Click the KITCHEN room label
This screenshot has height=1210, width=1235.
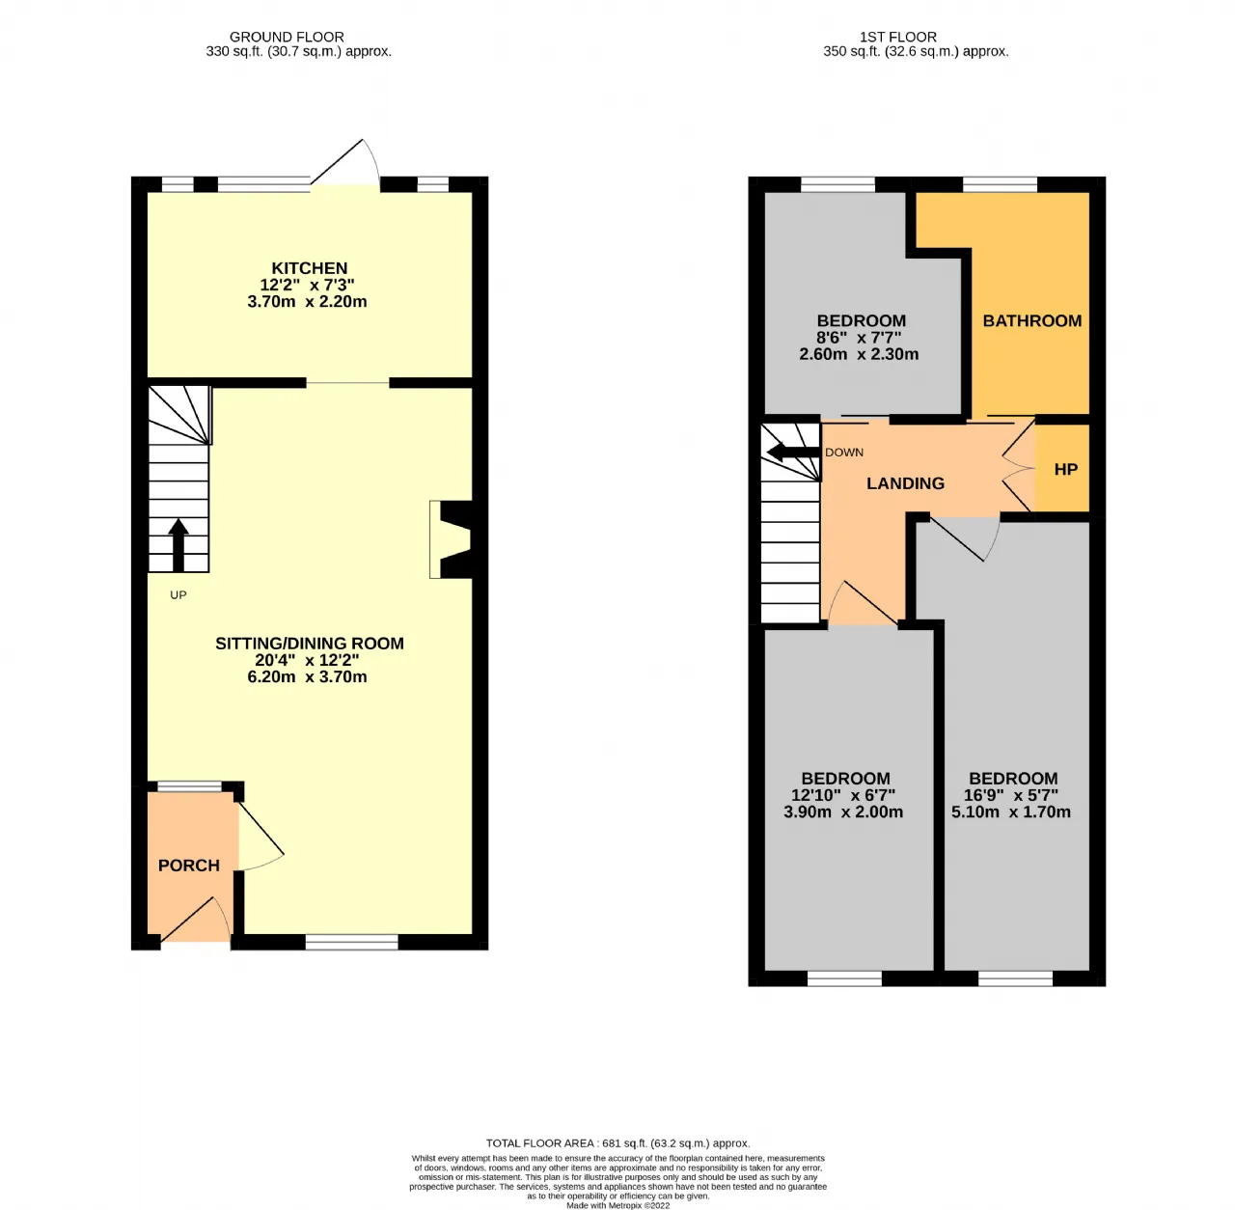tap(309, 268)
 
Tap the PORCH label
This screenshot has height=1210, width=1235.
tap(189, 865)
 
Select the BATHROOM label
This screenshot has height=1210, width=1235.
tap(1031, 320)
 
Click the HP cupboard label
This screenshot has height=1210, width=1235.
tap(1066, 469)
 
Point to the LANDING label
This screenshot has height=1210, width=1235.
tap(905, 483)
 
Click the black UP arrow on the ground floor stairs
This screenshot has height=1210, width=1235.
tap(178, 545)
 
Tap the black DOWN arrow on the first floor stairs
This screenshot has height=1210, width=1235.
tap(793, 453)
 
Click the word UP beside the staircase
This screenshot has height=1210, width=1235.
tap(178, 595)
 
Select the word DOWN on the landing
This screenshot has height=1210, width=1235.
tap(844, 453)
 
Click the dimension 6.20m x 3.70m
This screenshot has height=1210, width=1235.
tap(307, 677)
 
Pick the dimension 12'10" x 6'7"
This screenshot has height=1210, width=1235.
tap(842, 795)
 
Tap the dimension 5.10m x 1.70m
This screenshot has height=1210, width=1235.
tap(1011, 811)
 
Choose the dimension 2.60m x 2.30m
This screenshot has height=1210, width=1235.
tap(859, 354)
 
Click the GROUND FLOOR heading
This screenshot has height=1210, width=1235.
tap(287, 38)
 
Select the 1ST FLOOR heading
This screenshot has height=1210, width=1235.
tap(898, 38)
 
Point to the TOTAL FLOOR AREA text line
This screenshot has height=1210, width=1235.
tap(617, 1142)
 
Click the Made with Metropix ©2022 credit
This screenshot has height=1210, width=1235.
tap(617, 1205)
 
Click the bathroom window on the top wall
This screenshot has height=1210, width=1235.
tap(1000, 184)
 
